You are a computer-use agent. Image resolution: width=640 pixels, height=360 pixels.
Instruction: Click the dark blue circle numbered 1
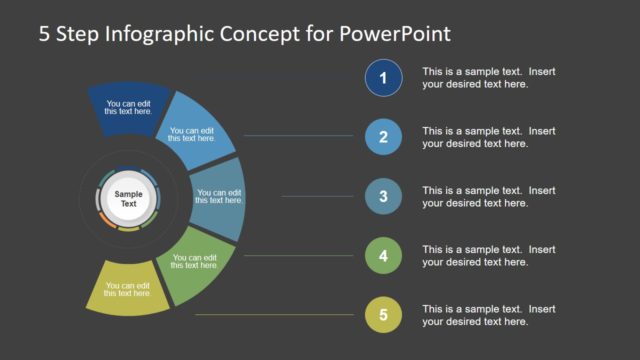point(384,77)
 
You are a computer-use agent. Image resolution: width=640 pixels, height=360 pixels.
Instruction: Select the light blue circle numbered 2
point(384,136)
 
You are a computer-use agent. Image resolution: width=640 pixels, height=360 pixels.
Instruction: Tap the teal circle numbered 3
point(384,196)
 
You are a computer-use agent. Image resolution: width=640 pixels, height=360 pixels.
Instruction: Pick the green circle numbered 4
point(384,256)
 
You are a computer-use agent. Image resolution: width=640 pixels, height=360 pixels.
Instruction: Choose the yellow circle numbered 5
point(384,315)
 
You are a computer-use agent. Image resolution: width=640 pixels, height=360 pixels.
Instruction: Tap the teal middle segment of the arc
point(220,196)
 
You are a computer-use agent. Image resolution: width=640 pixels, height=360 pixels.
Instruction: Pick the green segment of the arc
point(196,261)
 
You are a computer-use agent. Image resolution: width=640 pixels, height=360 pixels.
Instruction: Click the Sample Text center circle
point(128,197)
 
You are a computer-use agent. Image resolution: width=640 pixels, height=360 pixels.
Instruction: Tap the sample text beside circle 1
point(474,78)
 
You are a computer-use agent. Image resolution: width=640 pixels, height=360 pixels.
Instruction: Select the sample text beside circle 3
point(474,197)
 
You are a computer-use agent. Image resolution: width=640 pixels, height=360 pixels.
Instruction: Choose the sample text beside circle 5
point(474,315)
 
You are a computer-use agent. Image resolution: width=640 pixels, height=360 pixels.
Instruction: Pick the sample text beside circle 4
point(474,256)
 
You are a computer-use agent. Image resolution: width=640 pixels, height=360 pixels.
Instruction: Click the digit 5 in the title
point(45,34)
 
